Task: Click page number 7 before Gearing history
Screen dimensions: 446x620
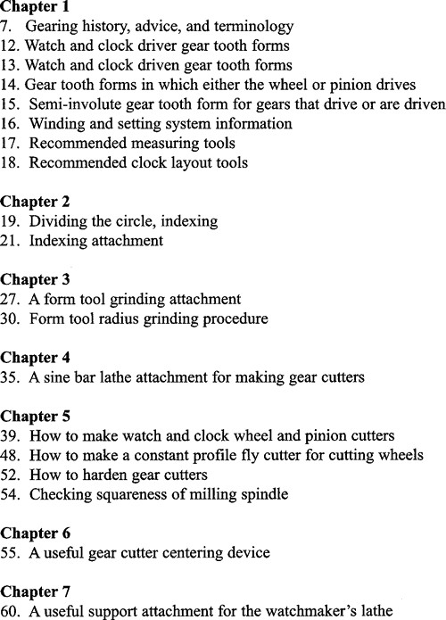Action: point(6,26)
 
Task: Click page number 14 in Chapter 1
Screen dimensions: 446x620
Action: point(9,84)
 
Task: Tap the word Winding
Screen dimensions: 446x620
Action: point(55,123)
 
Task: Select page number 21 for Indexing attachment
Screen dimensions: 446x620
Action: point(9,240)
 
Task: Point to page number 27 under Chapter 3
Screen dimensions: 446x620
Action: point(9,298)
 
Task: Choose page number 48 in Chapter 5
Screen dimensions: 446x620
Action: point(9,454)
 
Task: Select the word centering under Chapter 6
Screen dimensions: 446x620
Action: point(170,551)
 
